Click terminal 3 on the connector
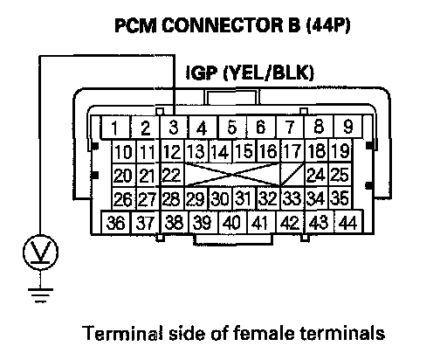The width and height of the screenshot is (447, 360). (174, 127)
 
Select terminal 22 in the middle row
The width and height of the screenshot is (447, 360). (172, 175)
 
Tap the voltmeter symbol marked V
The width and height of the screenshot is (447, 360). (40, 253)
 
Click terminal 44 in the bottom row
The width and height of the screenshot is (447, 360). (348, 223)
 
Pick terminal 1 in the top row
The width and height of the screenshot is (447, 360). (115, 127)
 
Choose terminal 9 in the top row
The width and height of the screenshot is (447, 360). (347, 127)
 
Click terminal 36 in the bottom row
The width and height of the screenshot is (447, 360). (116, 223)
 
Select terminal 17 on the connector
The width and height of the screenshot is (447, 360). (292, 151)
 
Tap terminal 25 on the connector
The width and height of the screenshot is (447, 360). (340, 175)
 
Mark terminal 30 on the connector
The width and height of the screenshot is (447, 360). (220, 198)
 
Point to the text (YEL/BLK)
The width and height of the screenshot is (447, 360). (268, 73)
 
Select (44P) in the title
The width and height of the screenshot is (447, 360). (328, 25)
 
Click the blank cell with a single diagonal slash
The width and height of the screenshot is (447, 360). (292, 175)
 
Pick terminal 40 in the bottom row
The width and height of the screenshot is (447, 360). (231, 223)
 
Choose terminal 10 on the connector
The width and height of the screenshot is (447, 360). (123, 151)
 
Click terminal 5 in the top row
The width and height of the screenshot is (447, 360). (232, 127)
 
